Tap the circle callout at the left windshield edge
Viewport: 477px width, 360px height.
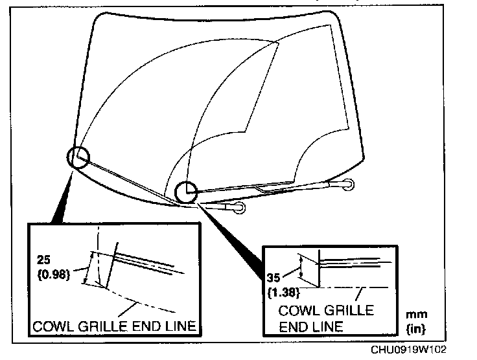tap(77, 157)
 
